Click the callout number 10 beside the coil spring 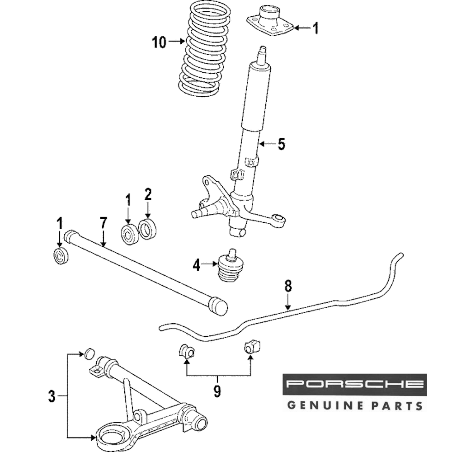[x=159, y=42]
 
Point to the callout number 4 [x=196, y=265]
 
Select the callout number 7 [x=103, y=223]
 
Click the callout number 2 [x=148, y=195]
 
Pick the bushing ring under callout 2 [x=147, y=229]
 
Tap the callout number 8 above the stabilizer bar [x=288, y=286]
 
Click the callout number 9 [x=217, y=391]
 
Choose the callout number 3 [x=52, y=397]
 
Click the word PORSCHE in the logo [x=354, y=385]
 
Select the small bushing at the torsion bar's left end [x=60, y=256]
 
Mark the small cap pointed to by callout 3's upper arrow [x=89, y=353]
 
